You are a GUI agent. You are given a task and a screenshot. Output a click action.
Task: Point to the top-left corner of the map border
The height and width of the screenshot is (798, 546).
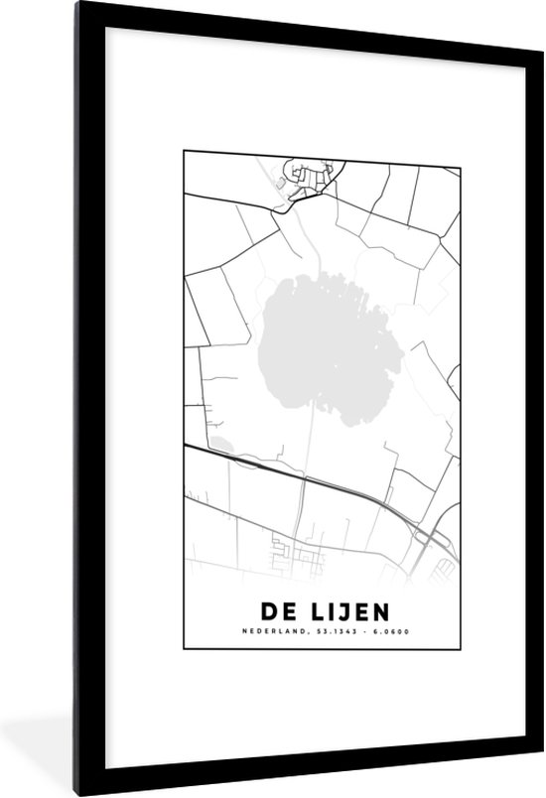185,152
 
